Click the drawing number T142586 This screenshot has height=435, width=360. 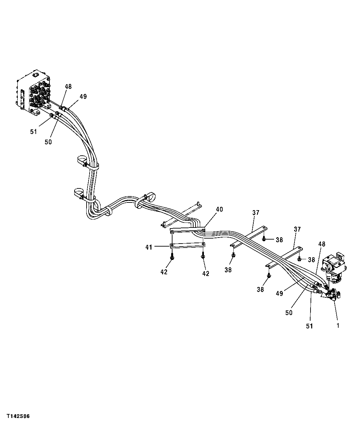pyautogui.click(x=18, y=416)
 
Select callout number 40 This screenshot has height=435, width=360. pyautogui.click(x=219, y=209)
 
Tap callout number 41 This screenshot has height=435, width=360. pyautogui.click(x=149, y=247)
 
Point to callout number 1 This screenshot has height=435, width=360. pyautogui.click(x=338, y=325)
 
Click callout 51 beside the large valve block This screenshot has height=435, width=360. pyautogui.click(x=33, y=132)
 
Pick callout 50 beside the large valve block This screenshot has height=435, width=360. pyautogui.click(x=48, y=142)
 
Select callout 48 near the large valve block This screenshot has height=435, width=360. pyautogui.click(x=68, y=87)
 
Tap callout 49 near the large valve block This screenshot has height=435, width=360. pyautogui.click(x=83, y=97)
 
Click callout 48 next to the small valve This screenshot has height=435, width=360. pyautogui.click(x=322, y=244)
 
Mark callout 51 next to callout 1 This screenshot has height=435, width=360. pyautogui.click(x=310, y=326)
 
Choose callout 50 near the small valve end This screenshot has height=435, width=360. pyautogui.click(x=289, y=312)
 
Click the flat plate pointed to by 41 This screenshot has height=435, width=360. pyautogui.click(x=187, y=246)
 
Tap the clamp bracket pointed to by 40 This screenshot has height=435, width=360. pyautogui.click(x=187, y=230)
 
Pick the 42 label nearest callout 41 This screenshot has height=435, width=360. pyautogui.click(x=164, y=272)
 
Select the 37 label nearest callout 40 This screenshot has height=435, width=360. pyautogui.click(x=256, y=212)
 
